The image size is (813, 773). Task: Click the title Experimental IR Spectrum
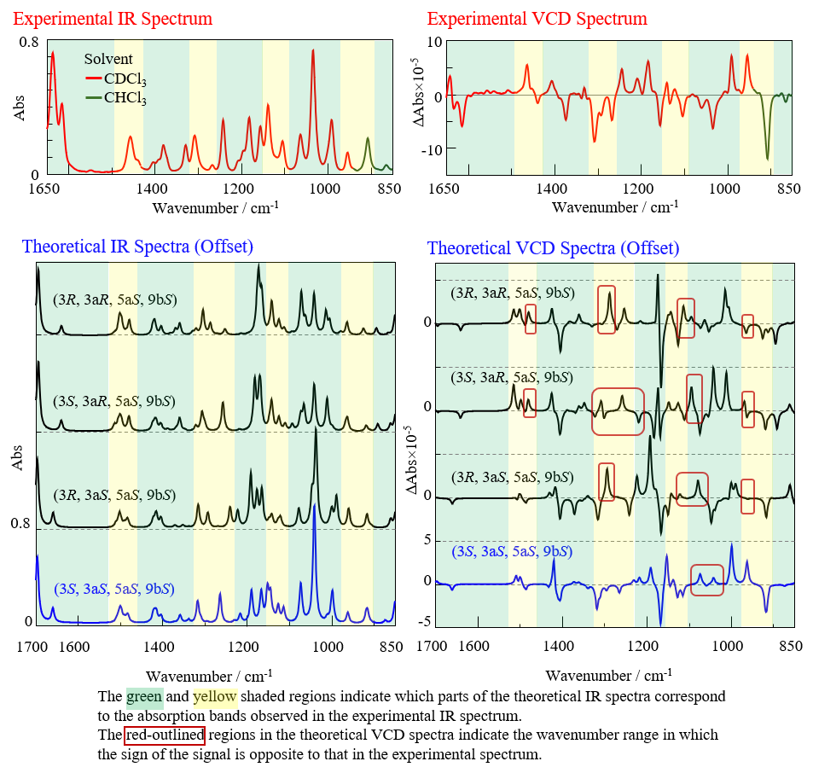tap(112, 19)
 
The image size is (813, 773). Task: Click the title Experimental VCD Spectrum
tap(537, 19)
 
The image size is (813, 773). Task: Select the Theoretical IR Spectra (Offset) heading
tap(137, 247)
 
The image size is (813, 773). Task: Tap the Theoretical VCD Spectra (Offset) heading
tap(553, 248)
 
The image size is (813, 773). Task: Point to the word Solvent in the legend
tap(108, 60)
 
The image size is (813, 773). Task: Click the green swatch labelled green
tap(144, 698)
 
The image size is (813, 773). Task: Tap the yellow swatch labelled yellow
tap(215, 698)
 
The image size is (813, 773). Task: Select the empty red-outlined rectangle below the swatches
tap(165, 735)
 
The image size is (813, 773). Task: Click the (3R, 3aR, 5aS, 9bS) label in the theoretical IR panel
tap(113, 300)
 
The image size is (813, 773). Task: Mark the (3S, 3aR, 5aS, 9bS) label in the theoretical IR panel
tap(113, 401)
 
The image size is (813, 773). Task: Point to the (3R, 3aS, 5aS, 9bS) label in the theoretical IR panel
tap(113, 495)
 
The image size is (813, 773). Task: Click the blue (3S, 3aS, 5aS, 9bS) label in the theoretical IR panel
tap(113, 589)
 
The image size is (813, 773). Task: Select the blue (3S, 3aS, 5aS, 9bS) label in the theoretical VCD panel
tap(510, 552)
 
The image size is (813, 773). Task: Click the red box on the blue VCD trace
tap(707, 580)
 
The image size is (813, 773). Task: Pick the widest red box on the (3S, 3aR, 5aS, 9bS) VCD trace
tap(618, 411)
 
